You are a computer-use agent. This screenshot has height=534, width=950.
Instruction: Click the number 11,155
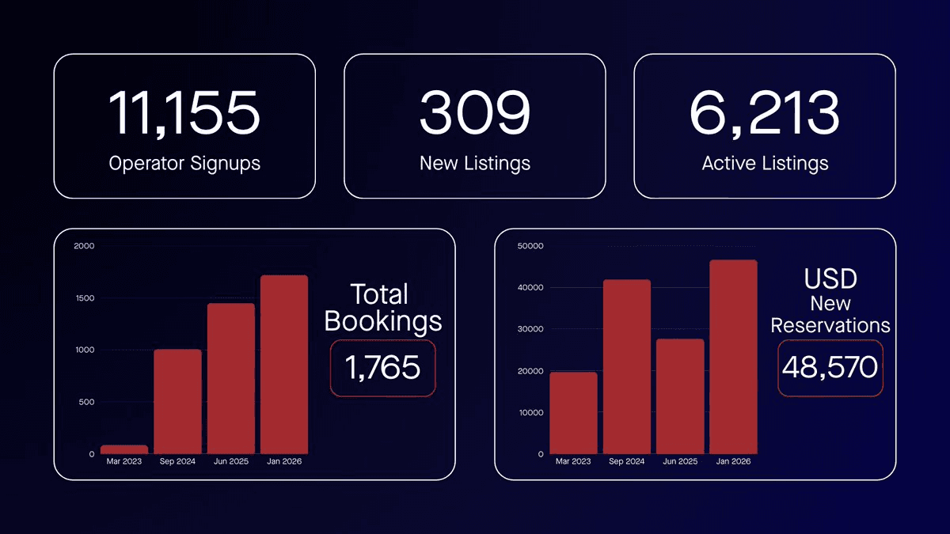click(184, 112)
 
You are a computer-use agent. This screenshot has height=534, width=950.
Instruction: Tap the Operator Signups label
click(184, 164)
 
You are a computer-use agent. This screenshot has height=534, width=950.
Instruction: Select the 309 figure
click(474, 112)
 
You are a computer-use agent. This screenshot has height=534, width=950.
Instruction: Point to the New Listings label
click(474, 164)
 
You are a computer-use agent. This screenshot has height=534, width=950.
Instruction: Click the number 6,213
click(764, 112)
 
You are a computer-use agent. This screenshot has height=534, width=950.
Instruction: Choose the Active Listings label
click(765, 164)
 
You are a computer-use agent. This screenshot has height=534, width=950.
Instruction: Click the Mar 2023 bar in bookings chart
click(124, 449)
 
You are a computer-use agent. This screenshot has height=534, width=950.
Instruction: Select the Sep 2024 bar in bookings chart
click(177, 401)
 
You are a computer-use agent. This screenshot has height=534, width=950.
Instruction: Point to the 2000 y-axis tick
click(84, 246)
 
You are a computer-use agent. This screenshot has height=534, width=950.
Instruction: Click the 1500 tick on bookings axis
click(84, 298)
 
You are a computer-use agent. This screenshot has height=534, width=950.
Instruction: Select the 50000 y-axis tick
click(530, 246)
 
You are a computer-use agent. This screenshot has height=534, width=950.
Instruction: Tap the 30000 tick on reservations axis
click(530, 329)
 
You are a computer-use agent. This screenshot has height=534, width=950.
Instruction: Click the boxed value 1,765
click(382, 368)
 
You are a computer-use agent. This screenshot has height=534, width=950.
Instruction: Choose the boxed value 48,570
click(830, 367)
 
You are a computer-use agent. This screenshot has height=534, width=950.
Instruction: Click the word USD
click(830, 279)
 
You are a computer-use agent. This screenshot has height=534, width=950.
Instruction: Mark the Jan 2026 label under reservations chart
click(733, 461)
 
